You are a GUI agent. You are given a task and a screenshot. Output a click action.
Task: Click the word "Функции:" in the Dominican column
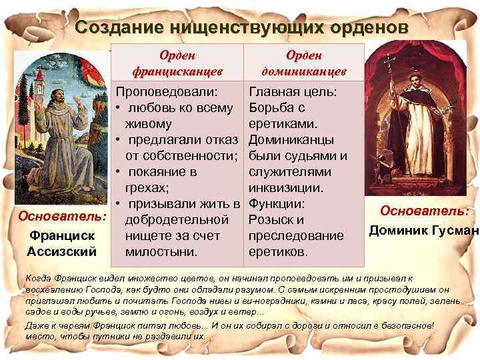click(x=277, y=204)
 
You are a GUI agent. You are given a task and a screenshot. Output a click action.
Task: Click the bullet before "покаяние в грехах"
click(x=117, y=172)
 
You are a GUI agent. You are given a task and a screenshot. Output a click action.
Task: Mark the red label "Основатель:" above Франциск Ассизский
click(x=62, y=217)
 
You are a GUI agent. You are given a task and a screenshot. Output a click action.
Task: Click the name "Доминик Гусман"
click(x=423, y=231)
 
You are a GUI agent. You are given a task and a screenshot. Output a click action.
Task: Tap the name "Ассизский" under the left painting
click(x=62, y=251)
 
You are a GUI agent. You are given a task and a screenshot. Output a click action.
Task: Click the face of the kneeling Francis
click(x=65, y=91)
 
